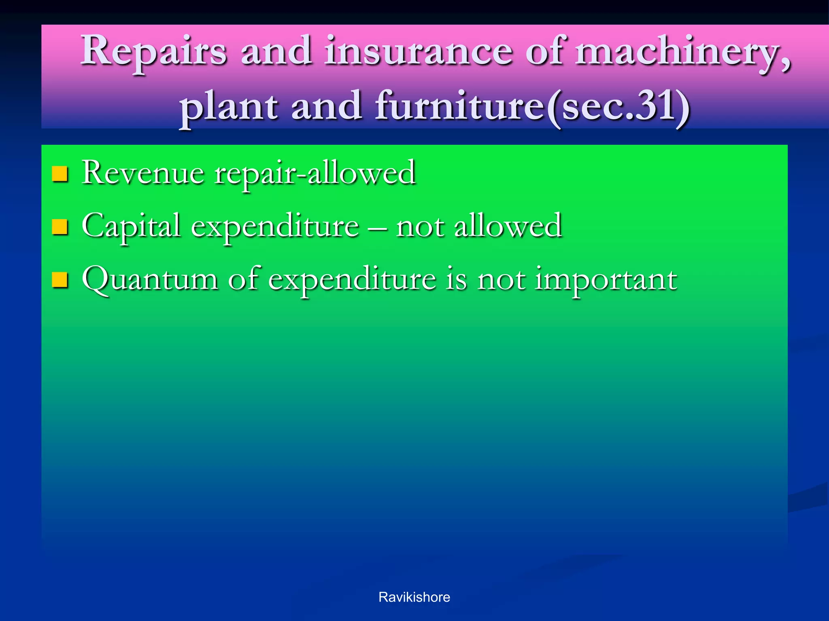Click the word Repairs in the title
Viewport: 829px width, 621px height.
coord(153,52)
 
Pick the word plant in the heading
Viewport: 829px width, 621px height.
coord(229,108)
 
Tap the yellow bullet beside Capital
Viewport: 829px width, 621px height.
coord(60,227)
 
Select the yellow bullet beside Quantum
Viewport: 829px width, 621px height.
coord(60,280)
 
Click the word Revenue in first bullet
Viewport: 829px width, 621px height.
coord(143,173)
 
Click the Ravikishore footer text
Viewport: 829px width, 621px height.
coord(414,597)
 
